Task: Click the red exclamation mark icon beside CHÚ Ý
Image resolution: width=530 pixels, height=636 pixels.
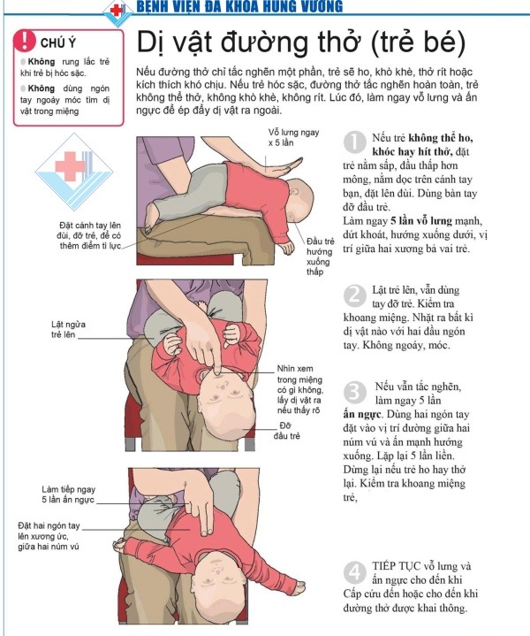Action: pyautogui.click(x=25, y=40)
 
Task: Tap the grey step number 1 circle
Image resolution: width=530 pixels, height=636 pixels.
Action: pyautogui.click(x=354, y=142)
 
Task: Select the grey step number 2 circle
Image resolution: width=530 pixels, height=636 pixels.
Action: pyautogui.click(x=354, y=295)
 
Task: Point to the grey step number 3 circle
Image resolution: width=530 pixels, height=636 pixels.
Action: pyautogui.click(x=354, y=392)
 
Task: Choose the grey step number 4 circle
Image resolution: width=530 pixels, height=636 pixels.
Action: pyautogui.click(x=354, y=572)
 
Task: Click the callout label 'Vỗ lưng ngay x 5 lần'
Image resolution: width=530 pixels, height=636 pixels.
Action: pyautogui.click(x=294, y=137)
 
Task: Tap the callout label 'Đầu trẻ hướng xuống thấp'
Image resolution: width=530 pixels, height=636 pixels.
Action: pyautogui.click(x=320, y=257)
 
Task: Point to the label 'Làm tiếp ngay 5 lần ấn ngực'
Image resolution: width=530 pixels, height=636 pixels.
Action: pyautogui.click(x=69, y=494)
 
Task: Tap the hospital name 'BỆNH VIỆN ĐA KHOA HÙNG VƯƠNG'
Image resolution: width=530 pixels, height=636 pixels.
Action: pyautogui.click(x=239, y=6)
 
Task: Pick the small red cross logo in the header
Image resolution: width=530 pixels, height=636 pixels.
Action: pyautogui.click(x=117, y=11)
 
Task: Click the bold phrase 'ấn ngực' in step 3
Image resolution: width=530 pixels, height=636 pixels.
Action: pyautogui.click(x=362, y=414)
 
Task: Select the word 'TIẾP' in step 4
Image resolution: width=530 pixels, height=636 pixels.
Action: pyautogui.click(x=384, y=566)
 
